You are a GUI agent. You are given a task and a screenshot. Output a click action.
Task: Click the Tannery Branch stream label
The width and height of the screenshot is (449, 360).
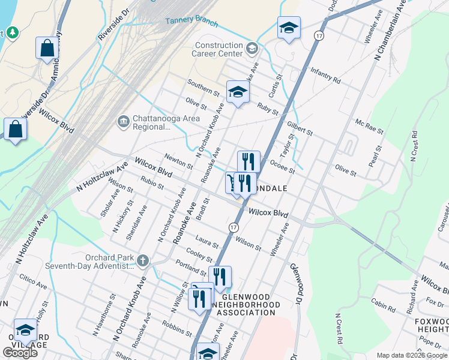tap(187, 20)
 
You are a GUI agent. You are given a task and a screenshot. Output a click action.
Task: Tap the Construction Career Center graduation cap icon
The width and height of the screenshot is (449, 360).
tap(253, 48)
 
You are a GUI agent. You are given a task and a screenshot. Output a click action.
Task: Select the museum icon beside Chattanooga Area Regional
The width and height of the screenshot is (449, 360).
tap(124, 122)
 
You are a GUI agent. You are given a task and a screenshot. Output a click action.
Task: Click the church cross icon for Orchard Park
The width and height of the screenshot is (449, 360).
tap(142, 260)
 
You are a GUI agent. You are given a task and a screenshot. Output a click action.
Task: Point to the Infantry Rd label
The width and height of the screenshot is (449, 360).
tap(325, 76)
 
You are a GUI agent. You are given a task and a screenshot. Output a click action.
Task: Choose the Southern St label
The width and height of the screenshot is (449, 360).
tap(203, 88)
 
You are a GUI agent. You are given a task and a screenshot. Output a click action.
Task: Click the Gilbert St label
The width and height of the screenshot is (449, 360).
tap(300, 127)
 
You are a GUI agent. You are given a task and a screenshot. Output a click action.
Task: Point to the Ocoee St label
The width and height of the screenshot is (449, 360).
tap(282, 166)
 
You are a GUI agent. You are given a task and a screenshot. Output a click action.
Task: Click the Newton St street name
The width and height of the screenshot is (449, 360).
tap(177, 160)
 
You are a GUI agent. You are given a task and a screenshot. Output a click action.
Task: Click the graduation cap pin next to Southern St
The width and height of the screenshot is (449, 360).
tap(238, 92)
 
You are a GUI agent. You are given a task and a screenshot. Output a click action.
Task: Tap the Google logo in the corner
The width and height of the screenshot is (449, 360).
tap(20, 353)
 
